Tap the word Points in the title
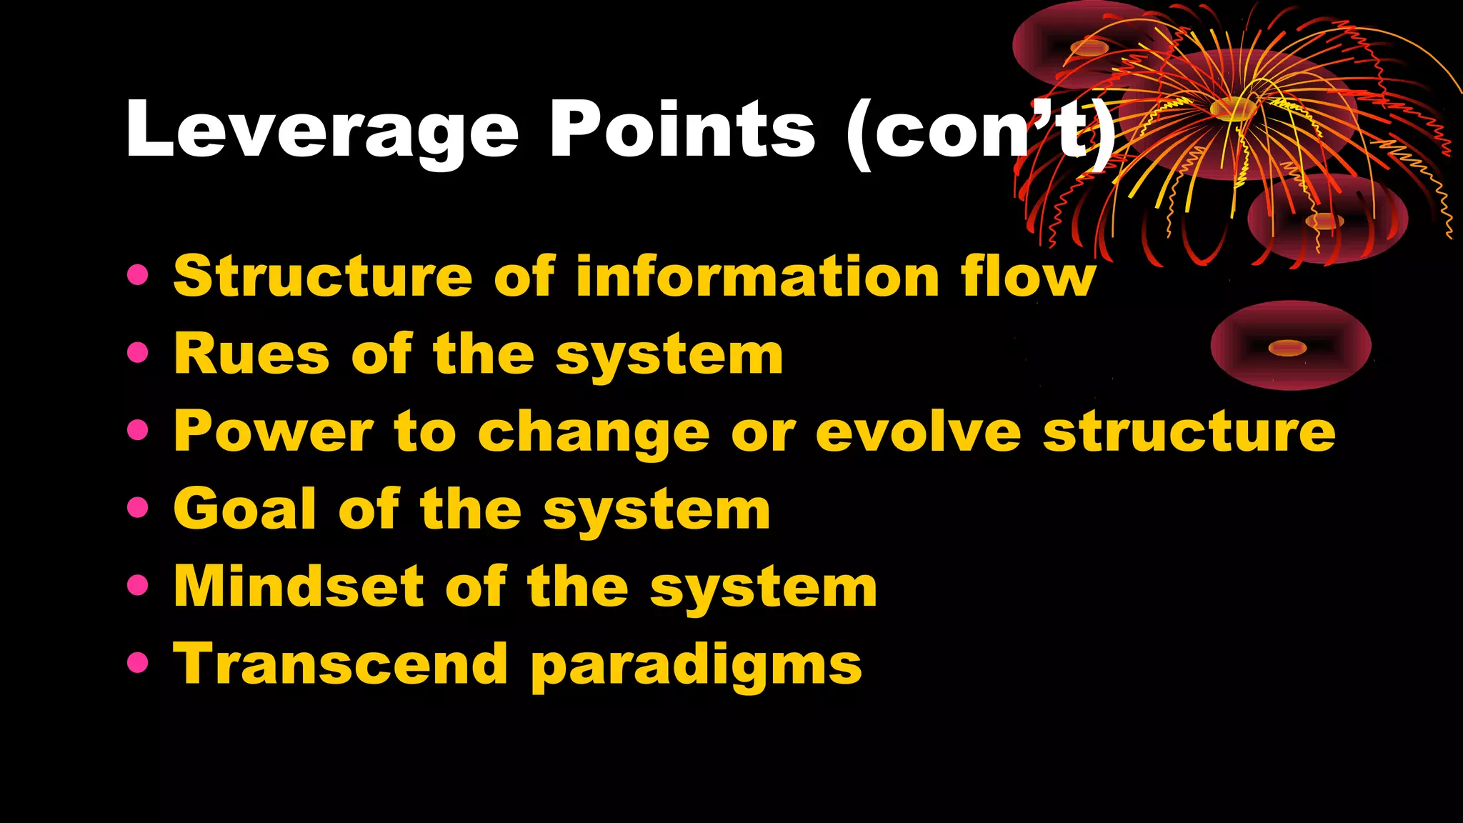click(681, 130)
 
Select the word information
click(757, 276)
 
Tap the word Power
click(274, 432)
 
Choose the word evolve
click(919, 432)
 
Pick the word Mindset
click(299, 587)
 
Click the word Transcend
click(340, 664)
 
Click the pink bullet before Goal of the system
click(137, 508)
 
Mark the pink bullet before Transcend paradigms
click(137, 663)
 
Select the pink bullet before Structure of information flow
click(137, 275)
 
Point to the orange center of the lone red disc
click(1287, 349)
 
